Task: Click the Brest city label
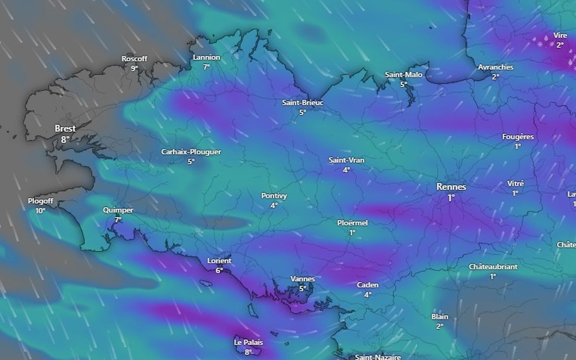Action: [65, 129]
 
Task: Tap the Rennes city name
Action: [451, 187]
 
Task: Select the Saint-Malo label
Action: [403, 74]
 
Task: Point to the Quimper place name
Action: [118, 210]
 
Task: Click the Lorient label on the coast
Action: [219, 261]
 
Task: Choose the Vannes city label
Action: [303, 279]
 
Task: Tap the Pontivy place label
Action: [274, 196]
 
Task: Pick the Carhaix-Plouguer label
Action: [191, 152]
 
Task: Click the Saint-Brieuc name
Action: [302, 102]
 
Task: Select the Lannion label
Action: [206, 57]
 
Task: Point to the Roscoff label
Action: [134, 59]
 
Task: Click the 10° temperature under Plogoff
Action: [40, 210]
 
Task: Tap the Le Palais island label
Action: [248, 342]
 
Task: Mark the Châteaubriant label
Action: [493, 267]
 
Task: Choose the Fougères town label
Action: [518, 137]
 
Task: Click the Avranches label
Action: [495, 67]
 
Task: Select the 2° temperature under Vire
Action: [560, 45]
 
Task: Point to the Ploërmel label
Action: [352, 223]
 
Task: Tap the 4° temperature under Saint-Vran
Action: [346, 169]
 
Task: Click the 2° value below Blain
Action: [440, 326]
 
